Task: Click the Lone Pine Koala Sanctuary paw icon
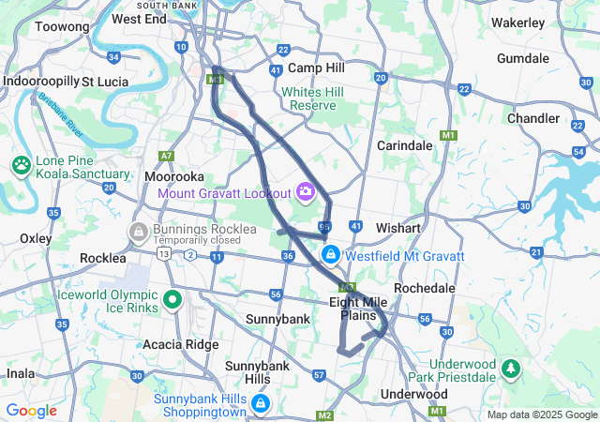pos(22,165)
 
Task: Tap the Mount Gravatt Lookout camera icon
pos(305,193)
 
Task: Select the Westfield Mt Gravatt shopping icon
pos(330,254)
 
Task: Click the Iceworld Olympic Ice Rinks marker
pos(172,300)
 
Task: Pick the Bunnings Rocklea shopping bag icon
pos(139,231)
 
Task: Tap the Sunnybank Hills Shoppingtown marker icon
pos(260,404)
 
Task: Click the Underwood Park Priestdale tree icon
pos(511,369)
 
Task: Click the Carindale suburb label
pos(404,145)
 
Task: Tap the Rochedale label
pos(425,287)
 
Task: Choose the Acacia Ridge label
pos(181,344)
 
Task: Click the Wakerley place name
pos(517,22)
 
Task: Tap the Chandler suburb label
pos(532,118)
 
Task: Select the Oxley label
pos(36,238)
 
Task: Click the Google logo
pos(32,411)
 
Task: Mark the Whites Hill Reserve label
pos(313,98)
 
